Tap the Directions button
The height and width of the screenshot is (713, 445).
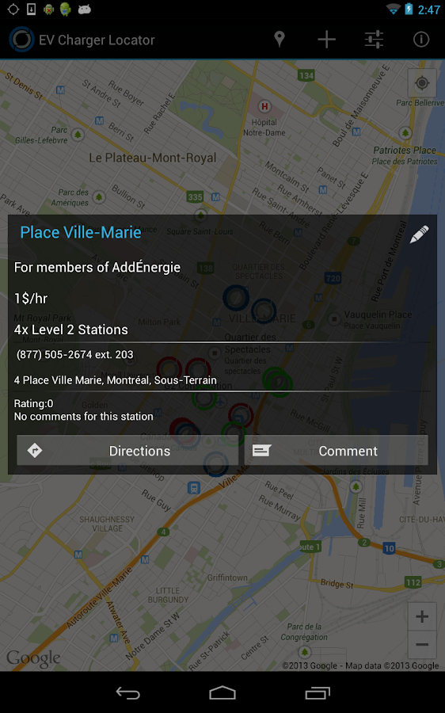[127, 451]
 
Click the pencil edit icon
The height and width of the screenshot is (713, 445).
[419, 234]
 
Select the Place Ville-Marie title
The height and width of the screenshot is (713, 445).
[81, 232]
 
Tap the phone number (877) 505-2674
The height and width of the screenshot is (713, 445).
[75, 354]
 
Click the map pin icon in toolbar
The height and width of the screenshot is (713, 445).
[279, 40]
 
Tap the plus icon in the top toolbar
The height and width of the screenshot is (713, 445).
[326, 40]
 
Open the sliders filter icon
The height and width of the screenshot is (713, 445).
[374, 40]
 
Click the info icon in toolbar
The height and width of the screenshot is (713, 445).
[421, 40]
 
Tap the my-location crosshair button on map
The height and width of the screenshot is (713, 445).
[422, 82]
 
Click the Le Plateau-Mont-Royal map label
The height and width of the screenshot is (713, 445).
[152, 158]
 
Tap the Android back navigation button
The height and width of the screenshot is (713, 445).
[127, 693]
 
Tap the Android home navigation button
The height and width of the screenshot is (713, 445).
[222, 693]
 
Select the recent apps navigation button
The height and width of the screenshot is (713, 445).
[317, 693]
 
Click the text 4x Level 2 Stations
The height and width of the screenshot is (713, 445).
[71, 330]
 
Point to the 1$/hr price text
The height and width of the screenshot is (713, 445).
[31, 299]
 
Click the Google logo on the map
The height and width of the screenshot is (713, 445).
[33, 658]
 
